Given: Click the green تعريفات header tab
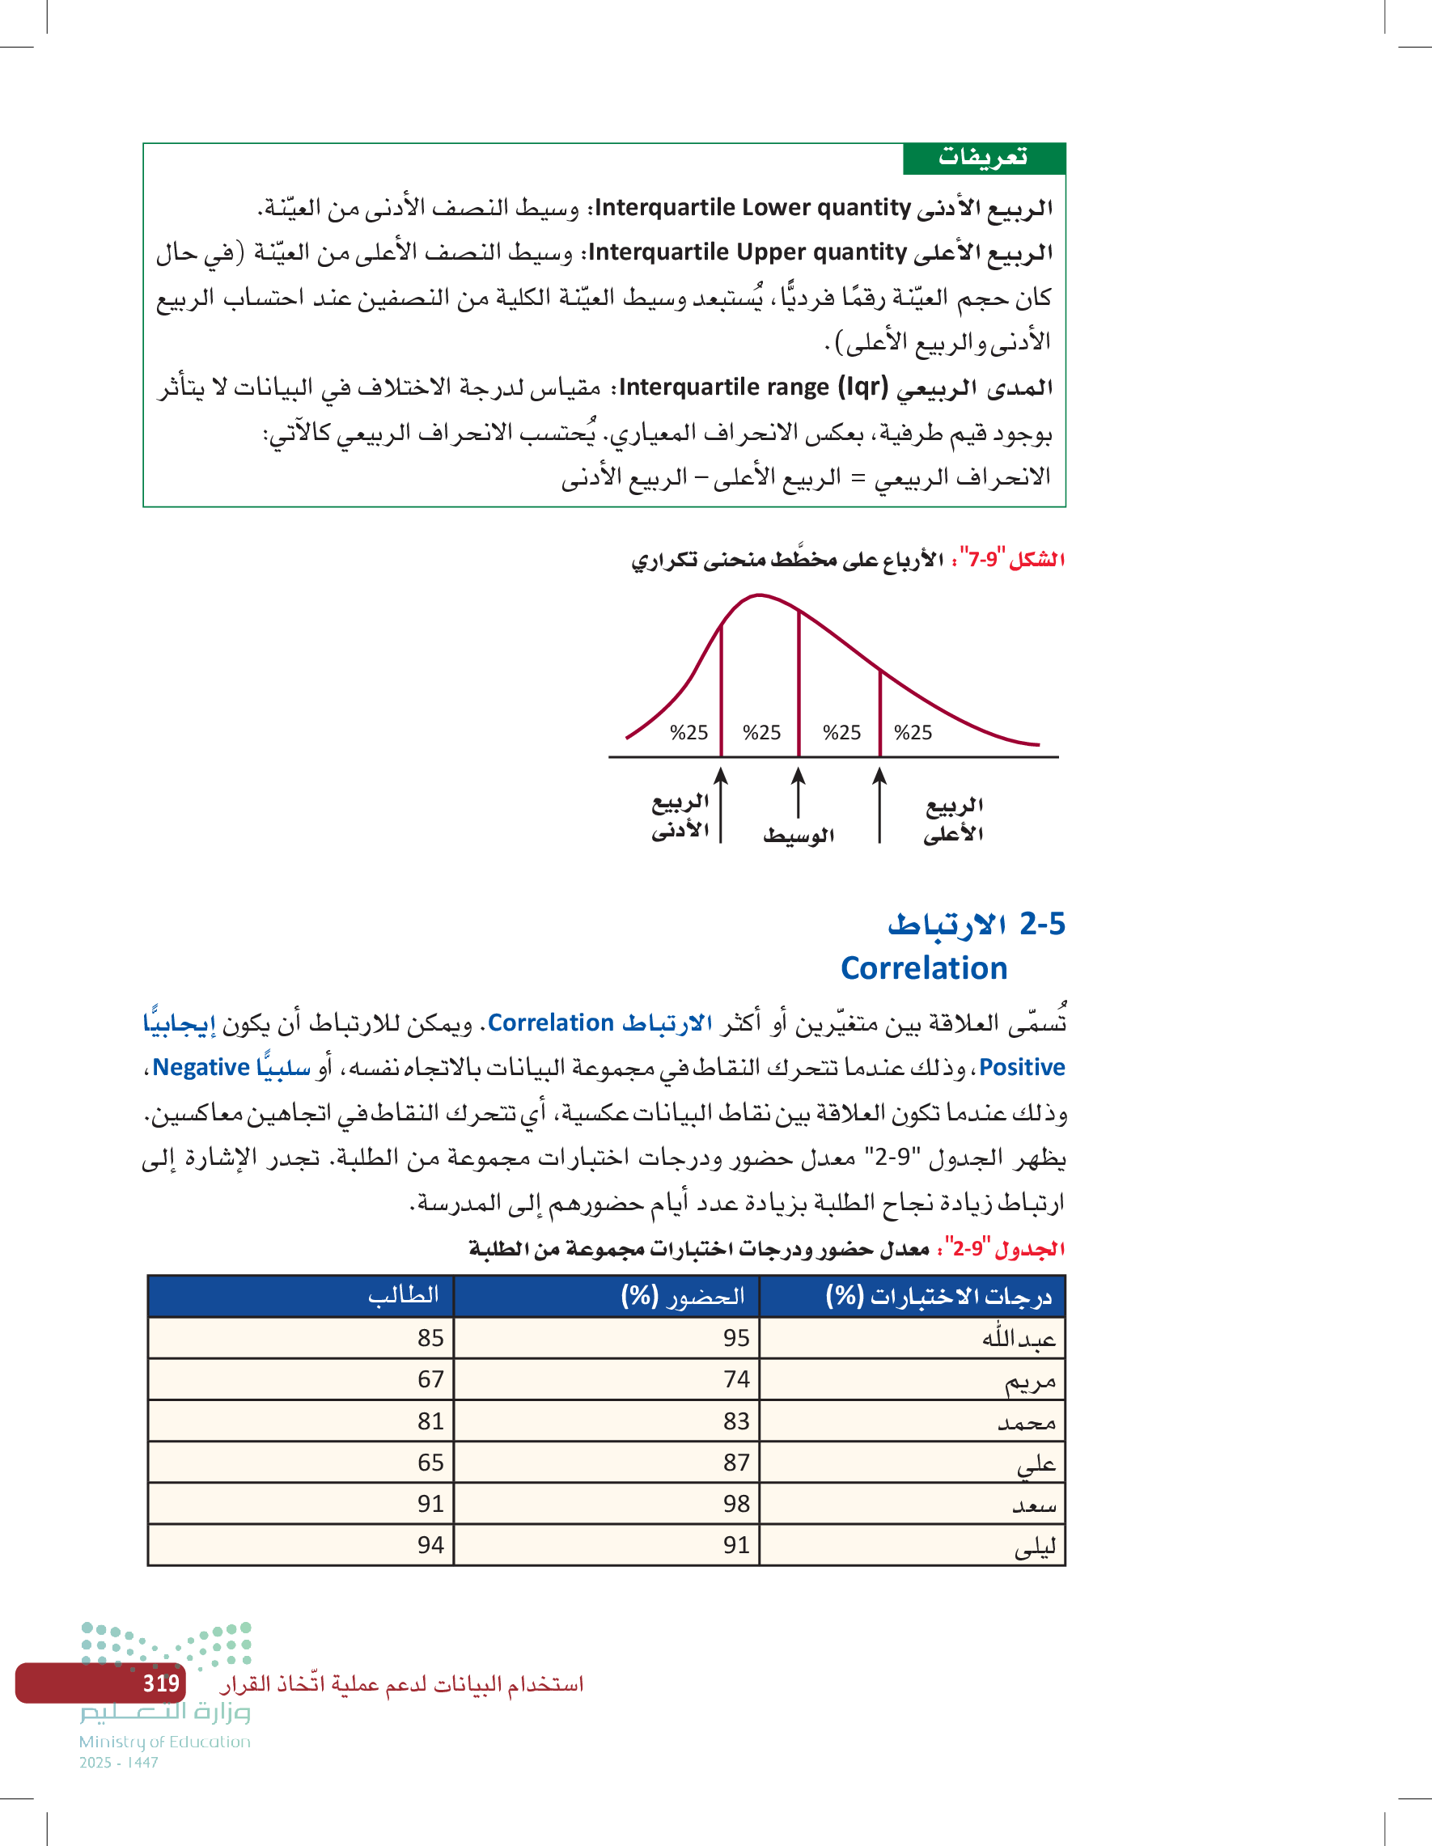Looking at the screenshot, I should point(983,158).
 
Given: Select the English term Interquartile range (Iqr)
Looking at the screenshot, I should point(753,387).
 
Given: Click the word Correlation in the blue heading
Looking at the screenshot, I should point(923,967).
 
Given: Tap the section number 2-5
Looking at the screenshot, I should point(1041,924).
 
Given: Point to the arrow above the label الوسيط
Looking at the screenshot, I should point(798,792).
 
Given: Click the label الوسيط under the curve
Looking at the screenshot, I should point(798,836).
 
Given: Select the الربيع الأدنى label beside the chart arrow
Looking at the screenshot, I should point(680,816).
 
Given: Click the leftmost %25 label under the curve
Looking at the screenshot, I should point(689,733).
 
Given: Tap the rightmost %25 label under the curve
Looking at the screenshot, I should point(913,733).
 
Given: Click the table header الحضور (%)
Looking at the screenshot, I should point(683,1296).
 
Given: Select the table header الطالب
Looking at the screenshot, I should point(403,1295).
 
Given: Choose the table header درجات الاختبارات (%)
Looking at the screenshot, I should point(938,1297).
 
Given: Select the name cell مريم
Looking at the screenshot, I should point(1030,1381).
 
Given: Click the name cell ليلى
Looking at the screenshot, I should point(1035,1547).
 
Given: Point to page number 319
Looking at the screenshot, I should point(161,1683).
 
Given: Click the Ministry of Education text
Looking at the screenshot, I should point(165,1742).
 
